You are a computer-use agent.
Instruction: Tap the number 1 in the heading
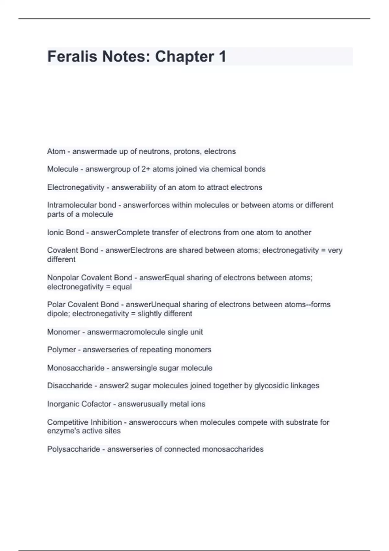(x=222, y=56)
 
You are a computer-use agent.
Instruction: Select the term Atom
(x=56, y=151)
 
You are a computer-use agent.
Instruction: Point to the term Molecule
(x=63, y=169)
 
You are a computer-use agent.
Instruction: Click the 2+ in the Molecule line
(x=146, y=169)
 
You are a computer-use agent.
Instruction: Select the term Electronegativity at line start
(x=76, y=187)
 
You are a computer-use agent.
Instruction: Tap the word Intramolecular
(x=72, y=205)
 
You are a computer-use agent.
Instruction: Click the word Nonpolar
(x=63, y=278)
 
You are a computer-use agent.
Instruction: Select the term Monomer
(x=64, y=332)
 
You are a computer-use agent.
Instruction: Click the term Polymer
(x=61, y=350)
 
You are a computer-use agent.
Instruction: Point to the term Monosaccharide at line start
(x=76, y=368)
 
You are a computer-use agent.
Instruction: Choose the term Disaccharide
(x=70, y=386)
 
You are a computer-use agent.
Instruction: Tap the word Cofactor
(x=96, y=404)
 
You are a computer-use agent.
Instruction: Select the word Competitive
(x=67, y=422)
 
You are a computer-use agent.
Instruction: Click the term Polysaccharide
(x=74, y=449)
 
